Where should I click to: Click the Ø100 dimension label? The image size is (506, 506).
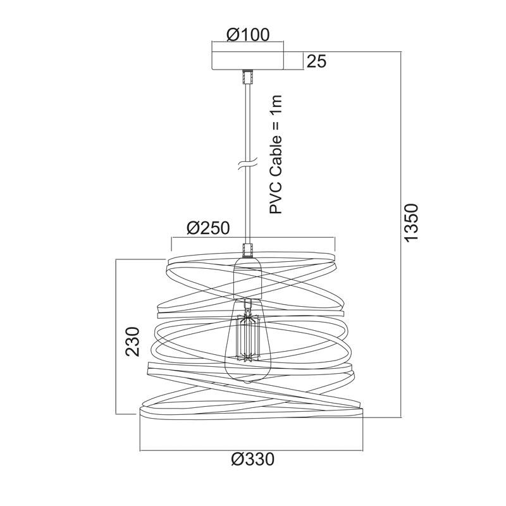point(247,35)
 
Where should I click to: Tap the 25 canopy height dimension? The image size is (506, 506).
point(317,61)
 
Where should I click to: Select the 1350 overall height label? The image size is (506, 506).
point(412,223)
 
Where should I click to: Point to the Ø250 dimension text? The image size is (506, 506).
point(208,228)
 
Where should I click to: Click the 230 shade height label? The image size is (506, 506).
point(133,342)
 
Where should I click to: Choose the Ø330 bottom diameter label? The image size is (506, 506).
point(252,459)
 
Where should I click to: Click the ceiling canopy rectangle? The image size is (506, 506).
point(247,60)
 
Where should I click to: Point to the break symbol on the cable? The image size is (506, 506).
point(247,164)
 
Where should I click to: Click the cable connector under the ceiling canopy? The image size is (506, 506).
point(248,77)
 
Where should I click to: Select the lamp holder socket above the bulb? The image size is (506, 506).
point(247,278)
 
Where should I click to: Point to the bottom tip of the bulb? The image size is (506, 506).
point(247,383)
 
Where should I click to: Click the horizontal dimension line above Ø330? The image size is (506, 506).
point(251,450)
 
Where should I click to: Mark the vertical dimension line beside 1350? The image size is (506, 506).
point(401,234)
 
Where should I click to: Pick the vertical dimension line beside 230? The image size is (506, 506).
point(116,336)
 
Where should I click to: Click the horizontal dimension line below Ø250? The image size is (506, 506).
point(254,238)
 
